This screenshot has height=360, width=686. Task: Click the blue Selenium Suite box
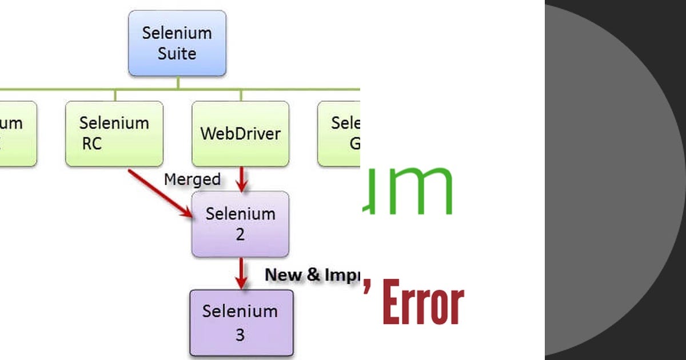tap(177, 43)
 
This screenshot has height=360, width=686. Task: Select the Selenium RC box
tap(114, 134)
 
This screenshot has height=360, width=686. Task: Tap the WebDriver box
tap(240, 134)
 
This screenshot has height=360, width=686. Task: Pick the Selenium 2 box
tap(240, 223)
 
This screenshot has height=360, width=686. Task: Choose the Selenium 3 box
tap(241, 322)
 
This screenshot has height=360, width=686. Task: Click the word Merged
tap(192, 179)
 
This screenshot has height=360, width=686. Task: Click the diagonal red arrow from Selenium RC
tap(159, 192)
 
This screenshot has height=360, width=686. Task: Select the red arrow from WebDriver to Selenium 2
tap(241, 179)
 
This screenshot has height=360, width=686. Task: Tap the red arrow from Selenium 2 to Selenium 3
tap(241, 273)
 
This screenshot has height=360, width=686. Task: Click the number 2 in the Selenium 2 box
tap(240, 234)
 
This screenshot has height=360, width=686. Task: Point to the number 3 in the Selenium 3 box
tap(240, 334)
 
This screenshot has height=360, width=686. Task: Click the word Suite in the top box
tap(177, 54)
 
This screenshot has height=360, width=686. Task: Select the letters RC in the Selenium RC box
tap(91, 144)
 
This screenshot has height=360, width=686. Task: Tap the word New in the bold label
tap(283, 275)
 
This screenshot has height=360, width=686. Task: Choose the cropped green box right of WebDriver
tap(339, 134)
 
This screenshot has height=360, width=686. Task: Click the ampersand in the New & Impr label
tap(313, 275)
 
